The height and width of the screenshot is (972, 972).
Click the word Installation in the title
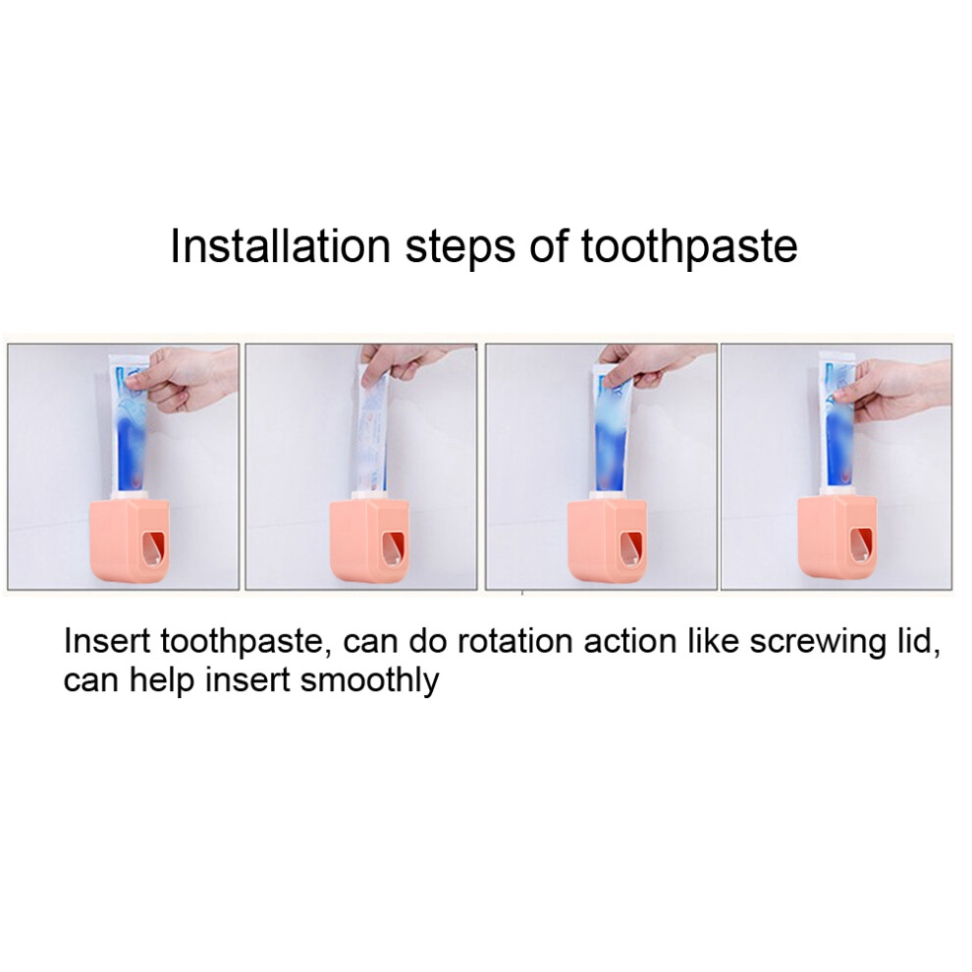[280, 245]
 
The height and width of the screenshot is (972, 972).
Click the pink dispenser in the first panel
[131, 541]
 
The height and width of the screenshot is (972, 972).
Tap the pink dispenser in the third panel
[608, 541]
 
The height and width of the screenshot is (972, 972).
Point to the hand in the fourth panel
[892, 390]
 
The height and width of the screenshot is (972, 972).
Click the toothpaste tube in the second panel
[372, 428]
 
